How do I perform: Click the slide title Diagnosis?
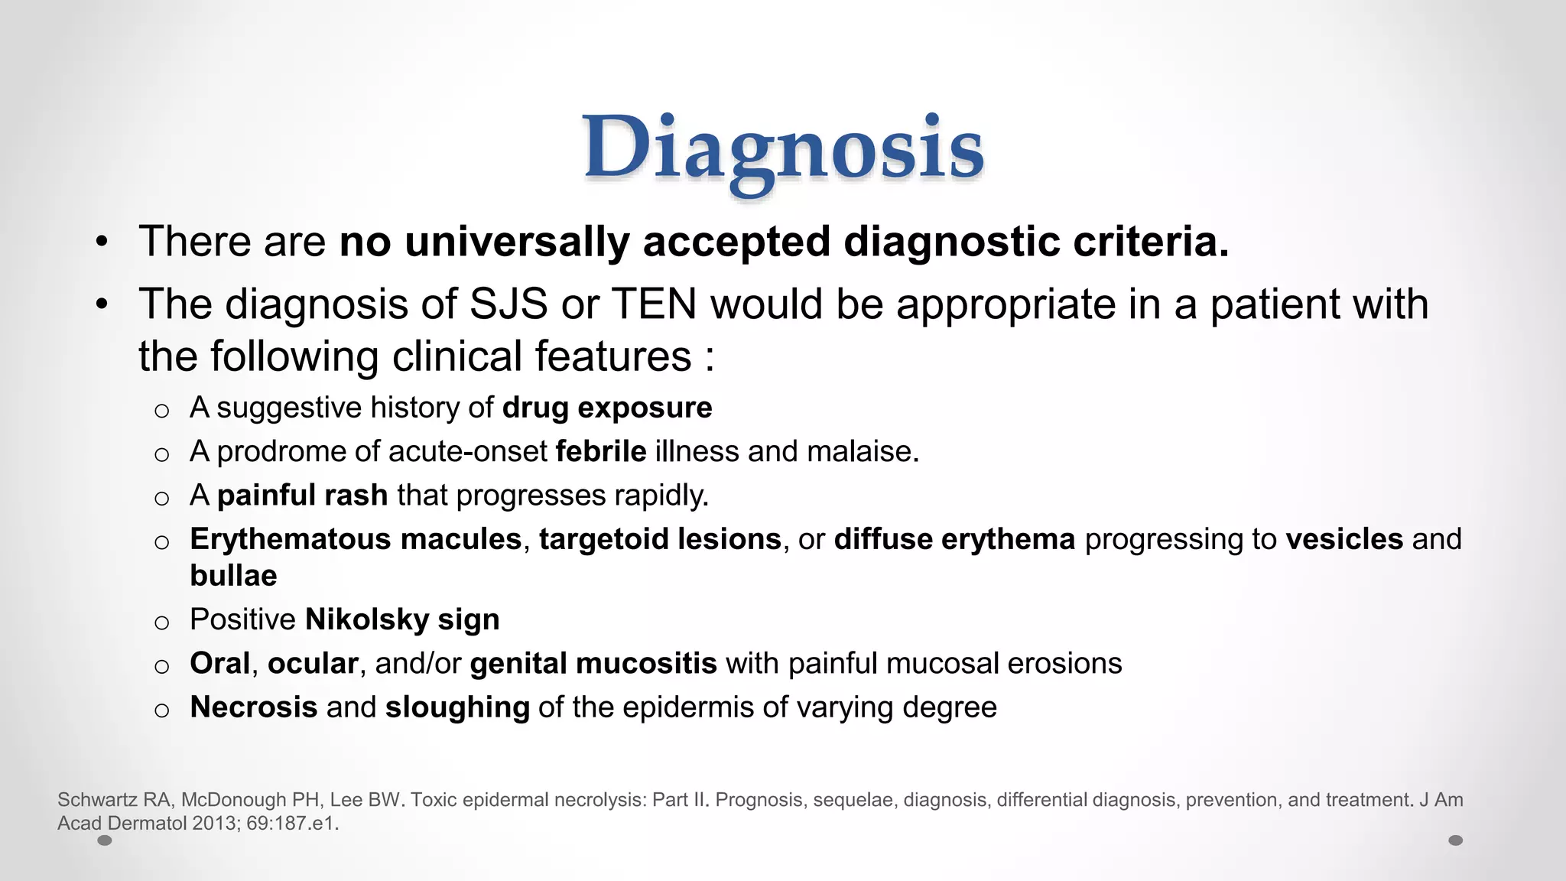(x=783, y=149)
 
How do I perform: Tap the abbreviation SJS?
(x=508, y=304)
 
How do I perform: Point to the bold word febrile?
(x=601, y=451)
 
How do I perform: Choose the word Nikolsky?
(x=367, y=619)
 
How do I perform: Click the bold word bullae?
(x=233, y=576)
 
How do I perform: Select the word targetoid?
(x=595, y=539)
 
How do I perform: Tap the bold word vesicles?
(x=1344, y=539)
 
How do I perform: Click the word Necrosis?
(x=254, y=707)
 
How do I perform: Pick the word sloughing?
(x=457, y=707)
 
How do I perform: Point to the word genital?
(x=515, y=664)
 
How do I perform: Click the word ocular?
(x=313, y=664)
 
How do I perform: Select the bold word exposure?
(x=645, y=408)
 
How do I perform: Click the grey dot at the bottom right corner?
(x=1456, y=840)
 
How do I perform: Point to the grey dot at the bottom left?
(x=106, y=840)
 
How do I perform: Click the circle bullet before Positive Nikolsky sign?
(x=161, y=623)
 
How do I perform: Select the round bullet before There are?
(x=102, y=243)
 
